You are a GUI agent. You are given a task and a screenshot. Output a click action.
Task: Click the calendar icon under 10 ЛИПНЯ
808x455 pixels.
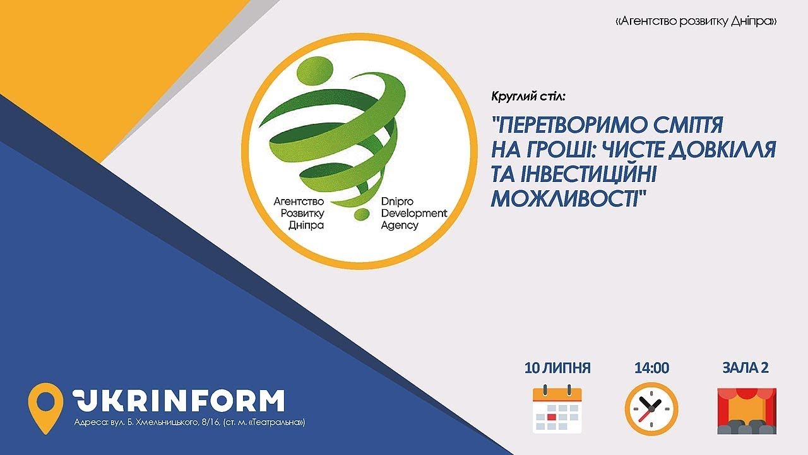tap(557, 409)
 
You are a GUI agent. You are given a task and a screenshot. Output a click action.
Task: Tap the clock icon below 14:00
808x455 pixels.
tap(651, 409)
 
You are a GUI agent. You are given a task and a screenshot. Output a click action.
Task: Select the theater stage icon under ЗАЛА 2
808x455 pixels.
tap(747, 411)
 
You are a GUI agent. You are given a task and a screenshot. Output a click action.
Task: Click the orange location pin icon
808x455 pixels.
tap(45, 408)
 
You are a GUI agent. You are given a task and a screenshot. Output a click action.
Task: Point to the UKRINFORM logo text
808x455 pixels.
tap(178, 401)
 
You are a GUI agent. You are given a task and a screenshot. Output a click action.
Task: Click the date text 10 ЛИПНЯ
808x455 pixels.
tap(557, 368)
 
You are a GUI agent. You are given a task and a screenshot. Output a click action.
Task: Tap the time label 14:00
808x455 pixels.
tap(651, 368)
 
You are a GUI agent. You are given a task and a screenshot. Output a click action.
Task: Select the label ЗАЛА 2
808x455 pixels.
tap(746, 368)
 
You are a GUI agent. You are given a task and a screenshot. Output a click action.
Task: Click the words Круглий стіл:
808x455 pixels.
tap(528, 97)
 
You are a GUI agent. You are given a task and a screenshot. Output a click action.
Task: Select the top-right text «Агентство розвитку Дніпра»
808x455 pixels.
tap(696, 21)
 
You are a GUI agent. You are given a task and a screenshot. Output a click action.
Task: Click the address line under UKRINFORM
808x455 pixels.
tap(190, 422)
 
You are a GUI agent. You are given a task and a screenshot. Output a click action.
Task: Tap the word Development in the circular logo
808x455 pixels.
tap(414, 214)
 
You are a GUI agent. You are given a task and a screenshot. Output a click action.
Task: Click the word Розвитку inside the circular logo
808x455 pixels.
tap(302, 214)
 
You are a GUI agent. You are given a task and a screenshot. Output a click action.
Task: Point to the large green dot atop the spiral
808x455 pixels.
tap(314, 70)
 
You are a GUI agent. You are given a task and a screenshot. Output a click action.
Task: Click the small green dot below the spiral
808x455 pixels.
tap(362, 214)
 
